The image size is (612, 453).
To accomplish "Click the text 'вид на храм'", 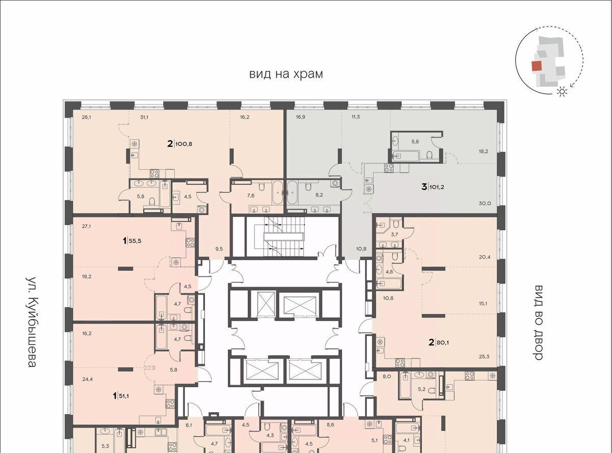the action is pos(286,74).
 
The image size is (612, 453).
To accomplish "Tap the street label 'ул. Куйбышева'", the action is pos(32,322).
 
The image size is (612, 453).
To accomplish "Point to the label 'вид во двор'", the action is pos(538,322).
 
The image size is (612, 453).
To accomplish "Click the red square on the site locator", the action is pos(537,66).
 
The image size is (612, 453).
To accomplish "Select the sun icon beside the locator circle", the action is pos(562,92).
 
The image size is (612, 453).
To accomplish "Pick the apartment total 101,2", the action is pos(437,187).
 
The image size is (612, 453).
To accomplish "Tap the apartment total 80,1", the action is pos(443,343).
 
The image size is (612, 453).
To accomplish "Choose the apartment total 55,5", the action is pos(135,241).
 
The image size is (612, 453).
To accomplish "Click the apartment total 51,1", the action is pos(123,396).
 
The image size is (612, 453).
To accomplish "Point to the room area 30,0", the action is pos(485,204).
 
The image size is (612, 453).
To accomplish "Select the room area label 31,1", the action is pos(144,117).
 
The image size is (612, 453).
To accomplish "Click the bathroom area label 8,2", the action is pos(319,195).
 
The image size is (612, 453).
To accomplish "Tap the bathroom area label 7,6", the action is pos(251,195).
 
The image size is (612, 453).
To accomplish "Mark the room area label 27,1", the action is pos(86,226).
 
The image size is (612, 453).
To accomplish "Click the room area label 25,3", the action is pos(484,357).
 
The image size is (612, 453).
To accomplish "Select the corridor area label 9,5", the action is pos(219,249).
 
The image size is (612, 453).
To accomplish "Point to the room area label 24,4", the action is pos(87,379).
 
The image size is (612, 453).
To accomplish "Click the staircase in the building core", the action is pos(284,237).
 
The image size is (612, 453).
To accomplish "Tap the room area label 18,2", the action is pos(484,152).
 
